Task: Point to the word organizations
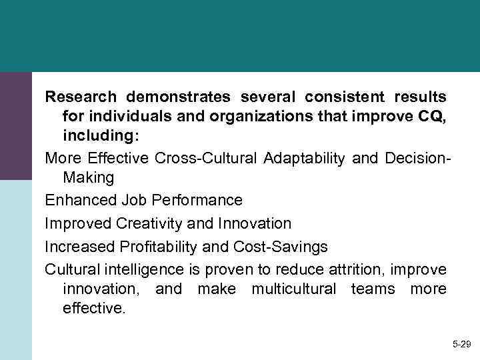point(246,117)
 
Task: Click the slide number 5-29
point(461,344)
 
